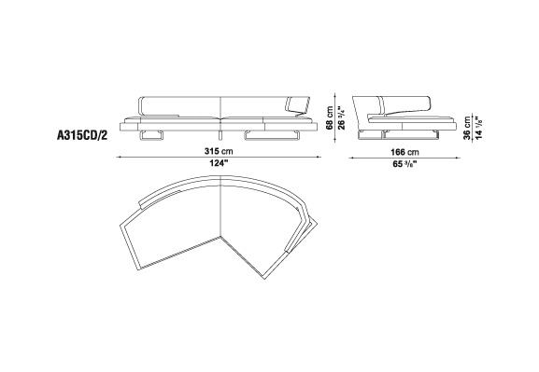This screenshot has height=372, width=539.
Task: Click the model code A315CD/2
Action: point(82,135)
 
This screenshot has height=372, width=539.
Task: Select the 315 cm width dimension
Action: point(219,151)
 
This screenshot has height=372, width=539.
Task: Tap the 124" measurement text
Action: point(219,163)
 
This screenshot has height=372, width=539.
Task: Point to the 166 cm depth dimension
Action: point(404,152)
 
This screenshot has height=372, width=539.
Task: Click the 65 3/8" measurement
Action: point(404,164)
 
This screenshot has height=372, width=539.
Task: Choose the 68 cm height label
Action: point(330,117)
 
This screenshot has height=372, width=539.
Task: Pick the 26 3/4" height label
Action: point(342,117)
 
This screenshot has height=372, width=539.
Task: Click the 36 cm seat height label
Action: point(467,128)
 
